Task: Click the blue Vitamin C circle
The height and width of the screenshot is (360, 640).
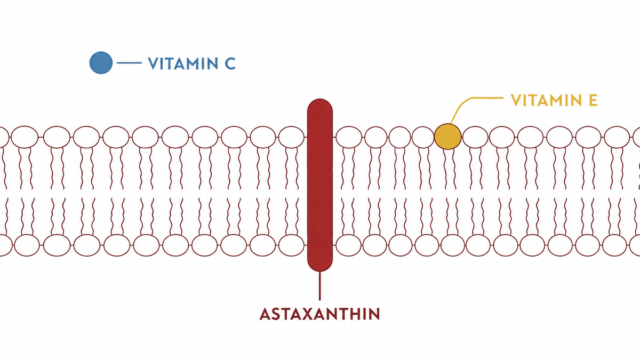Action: click(101, 62)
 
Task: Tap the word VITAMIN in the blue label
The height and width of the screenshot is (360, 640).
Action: click(183, 63)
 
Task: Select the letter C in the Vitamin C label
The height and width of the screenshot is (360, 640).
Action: click(230, 63)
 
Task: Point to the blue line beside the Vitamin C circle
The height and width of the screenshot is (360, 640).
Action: click(129, 62)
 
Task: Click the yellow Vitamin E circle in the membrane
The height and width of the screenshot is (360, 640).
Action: click(447, 137)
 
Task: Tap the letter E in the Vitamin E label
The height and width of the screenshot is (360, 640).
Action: click(593, 100)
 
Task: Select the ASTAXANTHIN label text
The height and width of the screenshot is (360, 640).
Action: click(319, 314)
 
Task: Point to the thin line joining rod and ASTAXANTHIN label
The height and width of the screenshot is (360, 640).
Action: click(319, 286)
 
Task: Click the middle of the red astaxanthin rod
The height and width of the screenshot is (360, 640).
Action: click(320, 185)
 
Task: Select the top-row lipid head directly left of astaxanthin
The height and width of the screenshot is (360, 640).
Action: click(291, 137)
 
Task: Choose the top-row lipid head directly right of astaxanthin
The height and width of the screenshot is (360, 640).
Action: click(349, 137)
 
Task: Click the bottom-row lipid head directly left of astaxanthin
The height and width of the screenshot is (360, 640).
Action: click(291, 245)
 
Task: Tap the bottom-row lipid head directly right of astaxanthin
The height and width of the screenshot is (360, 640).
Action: click(349, 245)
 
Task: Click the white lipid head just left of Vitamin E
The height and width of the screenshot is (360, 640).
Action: click(423, 137)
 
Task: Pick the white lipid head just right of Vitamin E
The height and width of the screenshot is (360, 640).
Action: click(475, 137)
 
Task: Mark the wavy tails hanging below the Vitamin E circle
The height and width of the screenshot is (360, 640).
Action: click(448, 169)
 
